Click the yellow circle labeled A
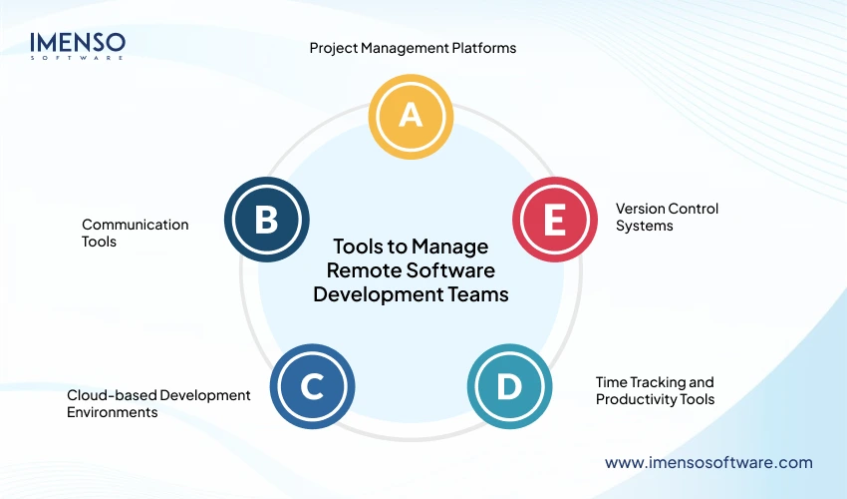coord(411,116)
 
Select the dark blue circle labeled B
coord(266,220)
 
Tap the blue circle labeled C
coord(312,386)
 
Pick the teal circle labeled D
coord(509,386)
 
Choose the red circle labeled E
coord(555,220)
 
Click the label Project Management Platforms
coord(413,48)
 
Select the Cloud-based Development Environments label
coord(158,403)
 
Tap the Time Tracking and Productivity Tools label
coord(655,390)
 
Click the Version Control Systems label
coord(667,217)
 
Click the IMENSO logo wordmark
coord(78,42)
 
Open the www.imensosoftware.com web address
coord(708,462)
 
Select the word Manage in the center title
coord(448,247)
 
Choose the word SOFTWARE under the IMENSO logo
coord(78,58)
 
